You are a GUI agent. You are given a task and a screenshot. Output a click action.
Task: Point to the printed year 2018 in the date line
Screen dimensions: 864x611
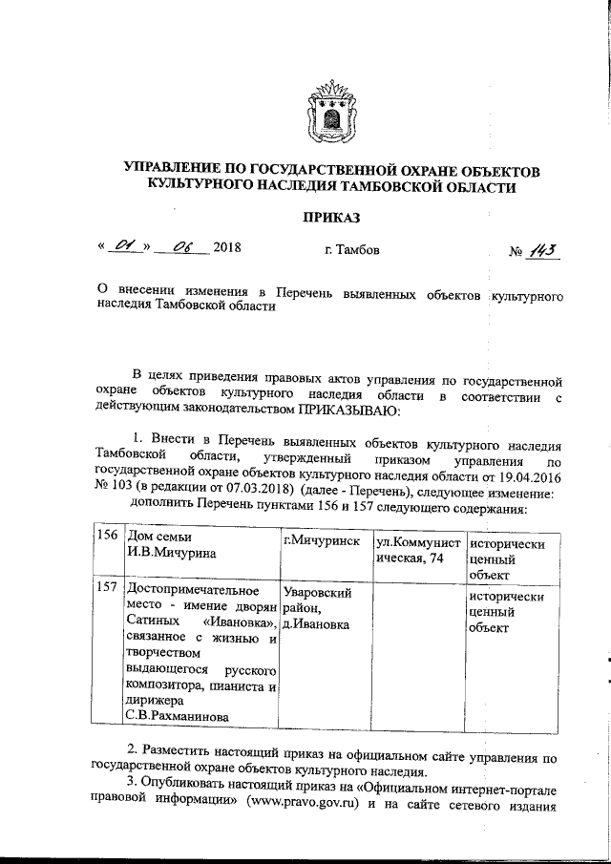point(227,250)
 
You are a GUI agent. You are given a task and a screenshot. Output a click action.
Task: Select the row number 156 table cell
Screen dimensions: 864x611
point(108,540)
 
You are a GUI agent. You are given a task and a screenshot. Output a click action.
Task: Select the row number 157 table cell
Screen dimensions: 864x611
point(108,593)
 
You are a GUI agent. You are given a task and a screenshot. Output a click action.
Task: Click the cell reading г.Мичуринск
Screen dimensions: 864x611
point(321,541)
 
